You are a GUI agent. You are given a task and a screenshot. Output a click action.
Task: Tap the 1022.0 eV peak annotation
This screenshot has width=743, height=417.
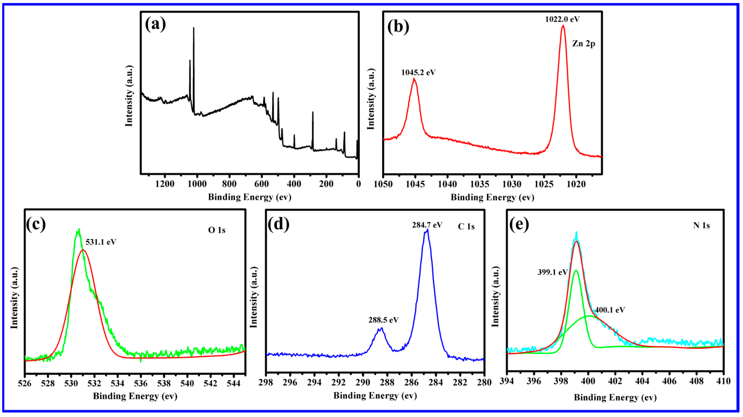562,19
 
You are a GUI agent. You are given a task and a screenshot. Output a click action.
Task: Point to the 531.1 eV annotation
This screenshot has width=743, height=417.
101,242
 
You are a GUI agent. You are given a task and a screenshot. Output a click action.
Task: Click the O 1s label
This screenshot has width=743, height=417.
217,230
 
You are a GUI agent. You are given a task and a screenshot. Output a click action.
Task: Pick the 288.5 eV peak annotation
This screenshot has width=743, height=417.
383,320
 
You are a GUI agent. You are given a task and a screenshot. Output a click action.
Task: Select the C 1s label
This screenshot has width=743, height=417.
466,227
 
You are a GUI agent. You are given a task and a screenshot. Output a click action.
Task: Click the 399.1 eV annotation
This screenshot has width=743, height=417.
552,272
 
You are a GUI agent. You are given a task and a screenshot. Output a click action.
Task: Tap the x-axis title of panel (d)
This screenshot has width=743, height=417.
375,396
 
